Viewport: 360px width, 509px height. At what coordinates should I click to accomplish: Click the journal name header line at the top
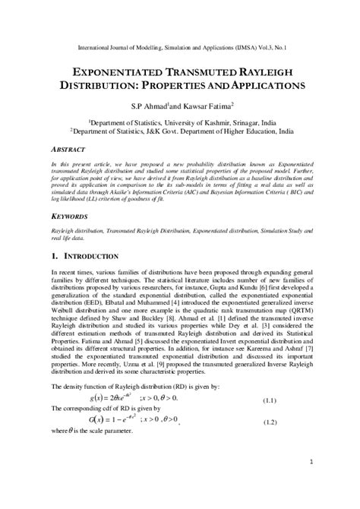tap(179, 46)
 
